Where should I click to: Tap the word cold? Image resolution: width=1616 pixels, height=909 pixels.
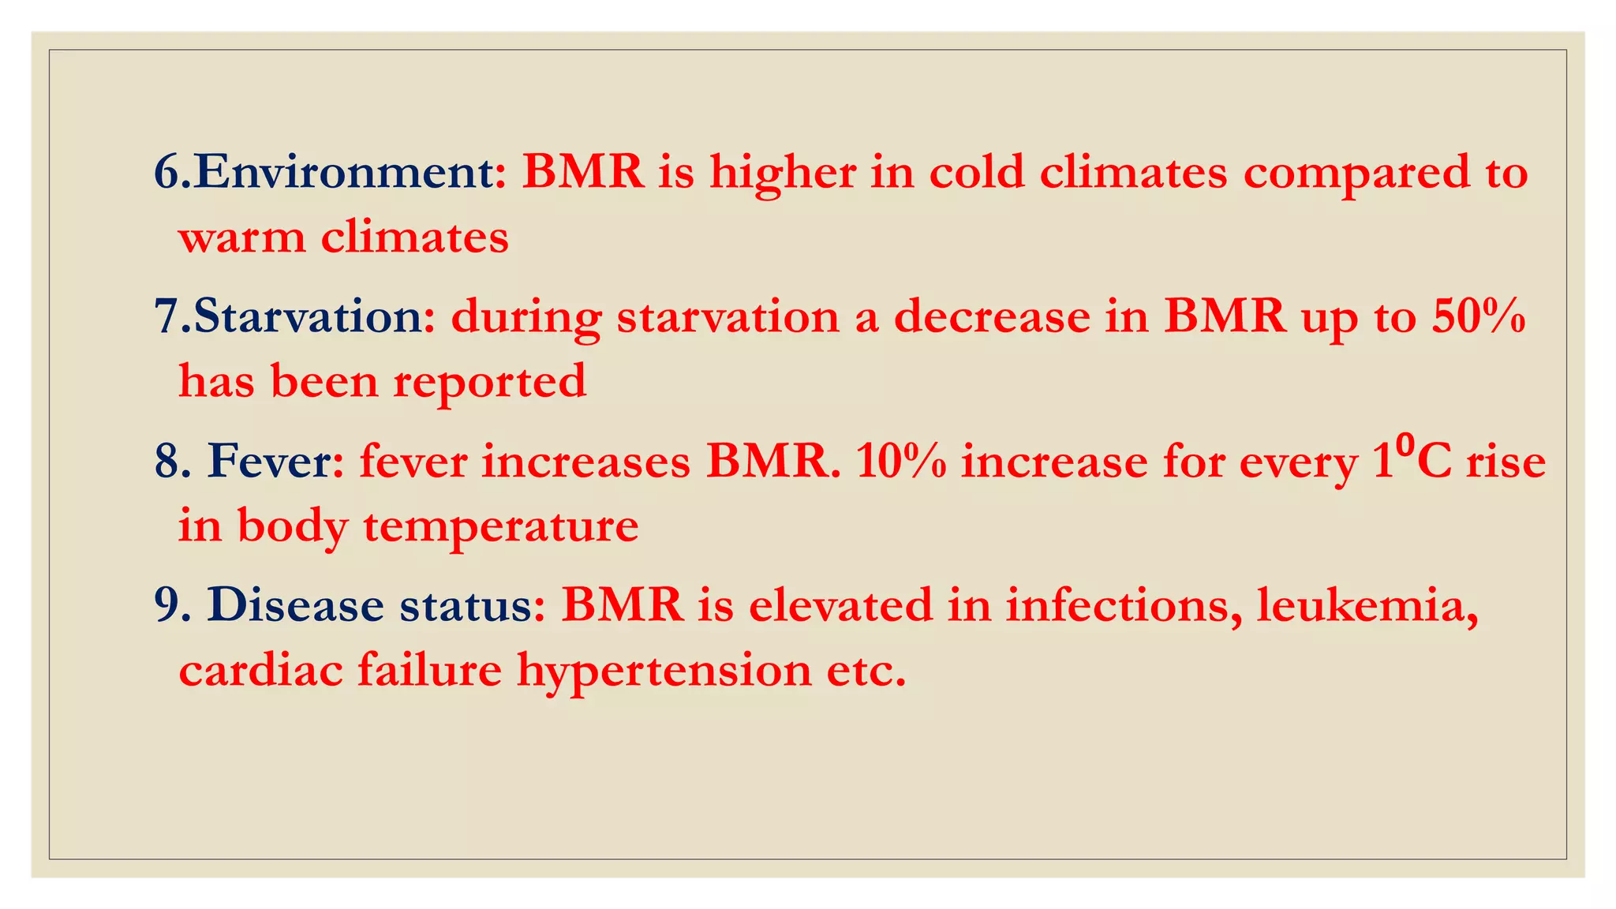point(977,172)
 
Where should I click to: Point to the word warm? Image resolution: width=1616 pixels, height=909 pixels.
point(241,238)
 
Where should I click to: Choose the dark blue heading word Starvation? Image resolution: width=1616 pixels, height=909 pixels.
point(308,316)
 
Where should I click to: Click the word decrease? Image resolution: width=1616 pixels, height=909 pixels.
point(992,316)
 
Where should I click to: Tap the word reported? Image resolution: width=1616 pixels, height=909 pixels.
point(490,383)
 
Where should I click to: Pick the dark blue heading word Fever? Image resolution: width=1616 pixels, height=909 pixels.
point(269,461)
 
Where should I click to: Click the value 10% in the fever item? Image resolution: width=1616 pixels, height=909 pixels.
point(900,461)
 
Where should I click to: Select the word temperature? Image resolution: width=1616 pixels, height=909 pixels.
point(500,526)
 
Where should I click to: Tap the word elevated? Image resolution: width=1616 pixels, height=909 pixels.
point(840,605)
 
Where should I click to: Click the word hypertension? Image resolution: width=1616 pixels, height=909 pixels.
point(664,671)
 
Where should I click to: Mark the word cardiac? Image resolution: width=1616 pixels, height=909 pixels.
point(260,671)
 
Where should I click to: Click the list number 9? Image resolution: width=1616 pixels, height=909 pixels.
point(167,605)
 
